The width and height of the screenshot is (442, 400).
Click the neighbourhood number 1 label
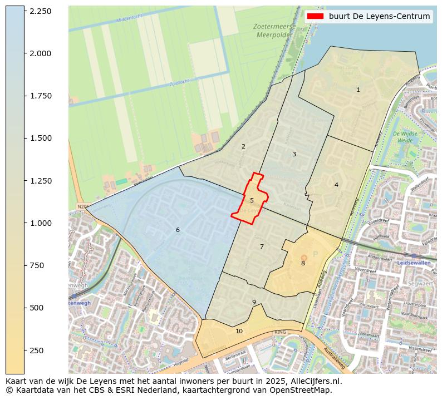coord(358,90)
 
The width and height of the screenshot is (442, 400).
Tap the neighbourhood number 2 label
coord(243,147)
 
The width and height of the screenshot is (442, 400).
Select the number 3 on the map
coord(294,154)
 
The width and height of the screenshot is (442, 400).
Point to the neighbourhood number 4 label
coord(336,185)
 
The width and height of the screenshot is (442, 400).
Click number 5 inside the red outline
coord(252,200)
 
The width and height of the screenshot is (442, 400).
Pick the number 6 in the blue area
coord(178,230)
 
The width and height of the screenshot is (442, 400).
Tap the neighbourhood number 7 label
coord(262,246)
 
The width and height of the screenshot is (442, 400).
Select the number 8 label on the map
coord(303,263)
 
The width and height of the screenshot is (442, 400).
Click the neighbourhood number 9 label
coord(254,303)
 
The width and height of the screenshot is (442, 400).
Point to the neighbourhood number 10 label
coord(239,331)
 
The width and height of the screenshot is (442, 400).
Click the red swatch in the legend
coord(315,16)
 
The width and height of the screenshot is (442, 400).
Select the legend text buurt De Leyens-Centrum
coord(379,16)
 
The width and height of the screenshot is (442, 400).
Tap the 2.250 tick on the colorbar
coord(40,11)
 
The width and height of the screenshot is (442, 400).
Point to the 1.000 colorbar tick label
coord(40,223)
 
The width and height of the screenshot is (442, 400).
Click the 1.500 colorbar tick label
coord(40,138)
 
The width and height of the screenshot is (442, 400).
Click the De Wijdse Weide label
coord(405,137)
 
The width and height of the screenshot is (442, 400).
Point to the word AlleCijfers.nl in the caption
coord(313,381)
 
